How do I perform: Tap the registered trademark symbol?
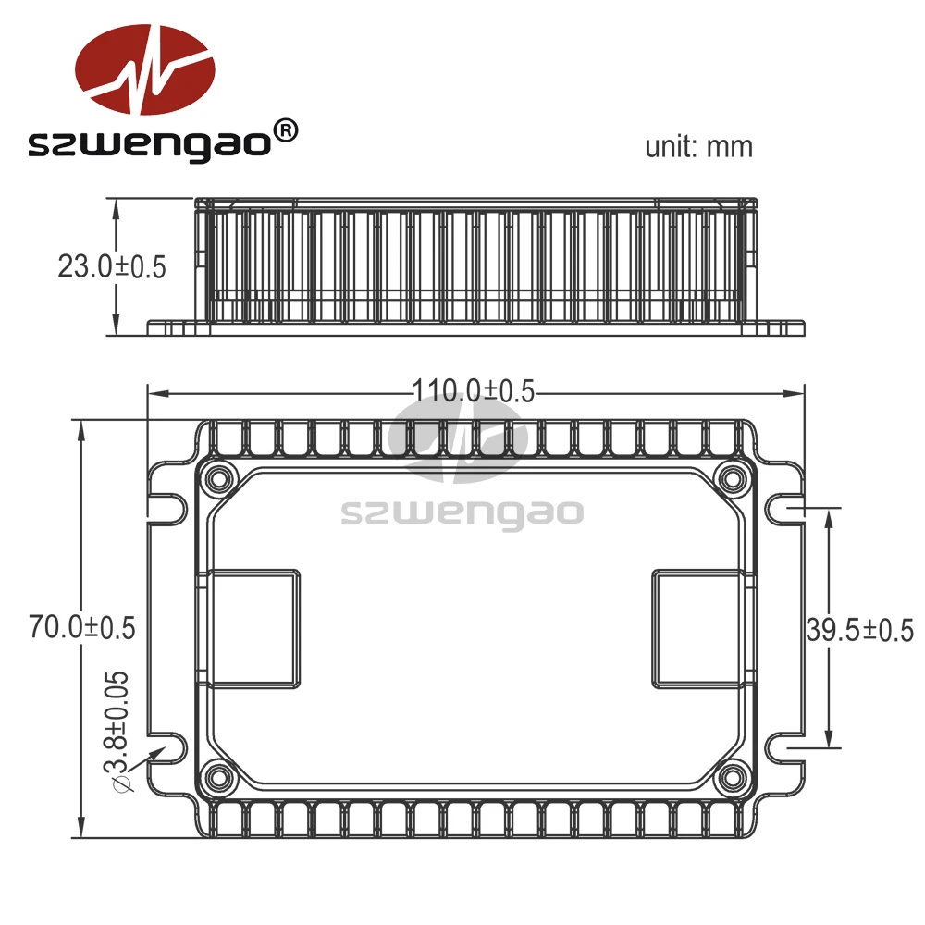point(287,131)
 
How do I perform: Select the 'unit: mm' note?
point(698,146)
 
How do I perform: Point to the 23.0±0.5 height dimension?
point(111,267)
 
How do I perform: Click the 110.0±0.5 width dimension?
point(474,391)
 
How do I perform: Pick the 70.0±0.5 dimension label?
point(82,627)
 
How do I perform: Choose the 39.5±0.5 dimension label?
point(859,631)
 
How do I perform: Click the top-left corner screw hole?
point(220,479)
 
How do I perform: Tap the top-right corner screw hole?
point(734,479)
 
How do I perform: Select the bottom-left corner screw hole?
point(220,776)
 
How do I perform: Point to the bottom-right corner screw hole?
point(734,776)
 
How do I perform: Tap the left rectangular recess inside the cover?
point(252,629)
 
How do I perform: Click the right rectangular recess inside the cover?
point(696,629)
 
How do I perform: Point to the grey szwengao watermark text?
point(462,512)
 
